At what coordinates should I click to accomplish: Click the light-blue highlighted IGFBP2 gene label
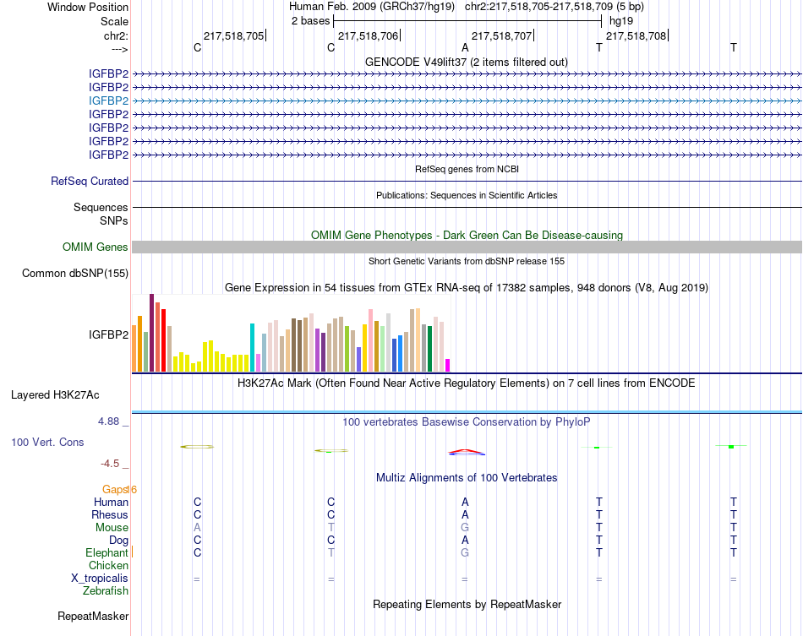click(x=108, y=101)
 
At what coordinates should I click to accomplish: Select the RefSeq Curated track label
click(x=90, y=181)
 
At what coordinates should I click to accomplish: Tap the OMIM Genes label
click(x=96, y=247)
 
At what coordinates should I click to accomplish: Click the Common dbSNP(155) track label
click(x=75, y=273)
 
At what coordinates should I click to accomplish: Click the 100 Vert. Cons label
click(x=48, y=442)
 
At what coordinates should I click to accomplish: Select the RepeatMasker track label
click(x=93, y=616)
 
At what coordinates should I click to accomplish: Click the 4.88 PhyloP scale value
click(x=112, y=421)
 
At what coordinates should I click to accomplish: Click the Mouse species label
click(x=112, y=527)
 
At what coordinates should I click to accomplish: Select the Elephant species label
click(x=107, y=552)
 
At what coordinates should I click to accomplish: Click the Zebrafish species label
click(x=106, y=590)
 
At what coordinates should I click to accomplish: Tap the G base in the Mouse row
click(x=465, y=527)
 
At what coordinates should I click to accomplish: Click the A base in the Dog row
click(x=465, y=540)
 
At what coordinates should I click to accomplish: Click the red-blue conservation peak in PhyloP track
click(x=465, y=452)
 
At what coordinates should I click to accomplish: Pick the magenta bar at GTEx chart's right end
click(x=447, y=365)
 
